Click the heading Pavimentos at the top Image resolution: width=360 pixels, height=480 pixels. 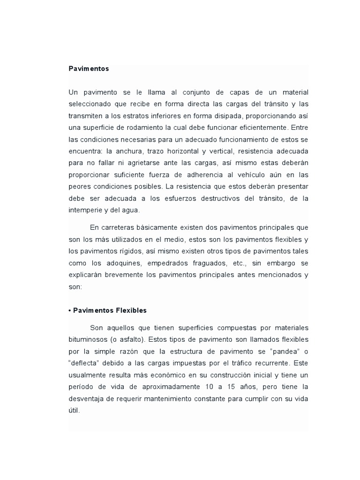pyautogui.click(x=89, y=68)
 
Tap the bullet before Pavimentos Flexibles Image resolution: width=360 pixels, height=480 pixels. pyautogui.click(x=70, y=310)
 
